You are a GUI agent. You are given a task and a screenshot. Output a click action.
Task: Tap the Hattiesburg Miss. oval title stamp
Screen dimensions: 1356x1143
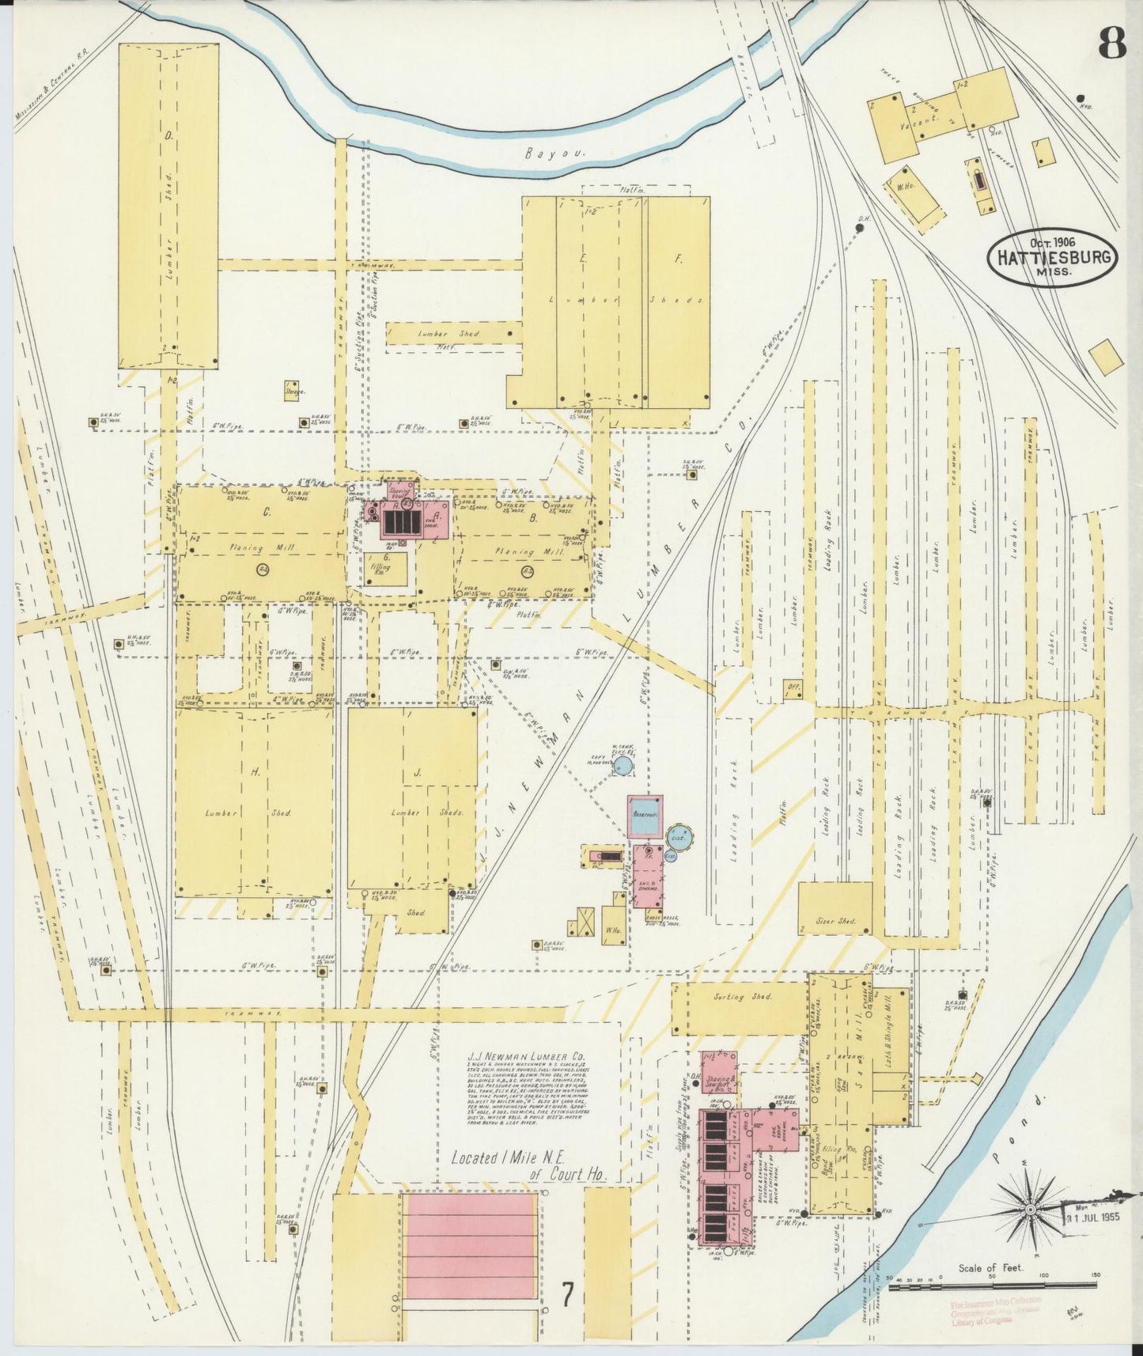click(1052, 256)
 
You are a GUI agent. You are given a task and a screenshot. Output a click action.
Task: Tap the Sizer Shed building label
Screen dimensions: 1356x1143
click(835, 922)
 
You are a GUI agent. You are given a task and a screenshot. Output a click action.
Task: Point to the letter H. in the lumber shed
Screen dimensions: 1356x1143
click(255, 773)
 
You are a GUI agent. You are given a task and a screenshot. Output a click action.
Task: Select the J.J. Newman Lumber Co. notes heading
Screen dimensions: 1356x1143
click(526, 1055)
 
